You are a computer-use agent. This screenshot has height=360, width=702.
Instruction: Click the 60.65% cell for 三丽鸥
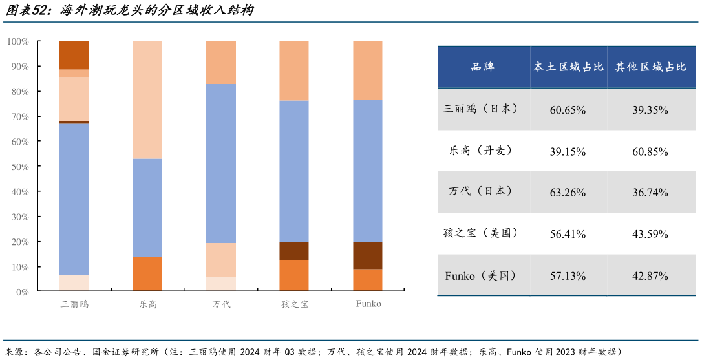(x=568, y=110)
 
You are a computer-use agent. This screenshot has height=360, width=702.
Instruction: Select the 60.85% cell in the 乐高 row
(x=650, y=152)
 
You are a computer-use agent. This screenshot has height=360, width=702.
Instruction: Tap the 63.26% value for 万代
(x=568, y=193)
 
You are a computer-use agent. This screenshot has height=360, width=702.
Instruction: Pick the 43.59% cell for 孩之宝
(x=650, y=234)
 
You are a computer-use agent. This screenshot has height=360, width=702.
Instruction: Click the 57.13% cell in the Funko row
(x=568, y=276)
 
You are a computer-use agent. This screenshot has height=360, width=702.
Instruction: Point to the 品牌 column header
(x=483, y=67)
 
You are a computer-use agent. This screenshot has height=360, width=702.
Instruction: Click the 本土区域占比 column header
(x=568, y=67)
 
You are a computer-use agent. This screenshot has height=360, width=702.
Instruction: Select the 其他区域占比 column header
(x=650, y=67)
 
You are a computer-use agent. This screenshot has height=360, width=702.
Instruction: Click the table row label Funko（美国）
(x=480, y=276)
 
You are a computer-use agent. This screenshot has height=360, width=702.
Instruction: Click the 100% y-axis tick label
(x=17, y=41)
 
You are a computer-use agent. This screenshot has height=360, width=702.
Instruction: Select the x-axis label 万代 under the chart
(x=221, y=304)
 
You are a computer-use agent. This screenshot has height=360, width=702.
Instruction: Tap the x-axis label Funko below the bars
(x=368, y=304)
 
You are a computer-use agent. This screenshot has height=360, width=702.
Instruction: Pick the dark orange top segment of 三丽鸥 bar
(x=74, y=55)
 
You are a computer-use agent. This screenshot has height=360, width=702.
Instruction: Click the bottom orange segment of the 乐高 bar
(x=147, y=274)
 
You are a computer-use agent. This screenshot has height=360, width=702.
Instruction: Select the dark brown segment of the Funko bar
(x=368, y=255)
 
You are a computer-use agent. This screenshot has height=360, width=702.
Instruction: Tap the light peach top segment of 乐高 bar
(x=147, y=100)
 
